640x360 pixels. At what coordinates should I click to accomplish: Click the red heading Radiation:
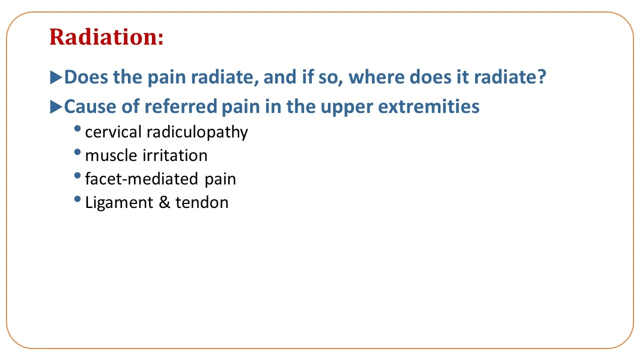[106, 37]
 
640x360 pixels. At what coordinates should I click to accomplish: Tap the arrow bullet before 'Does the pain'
[56, 77]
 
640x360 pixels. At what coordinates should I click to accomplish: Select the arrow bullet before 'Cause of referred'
[56, 107]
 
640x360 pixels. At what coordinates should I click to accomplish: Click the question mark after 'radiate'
[541, 76]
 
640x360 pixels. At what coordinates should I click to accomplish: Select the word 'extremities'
[428, 106]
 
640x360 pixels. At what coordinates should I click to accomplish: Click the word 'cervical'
[113, 132]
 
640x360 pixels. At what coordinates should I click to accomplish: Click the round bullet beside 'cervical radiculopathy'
[77, 128]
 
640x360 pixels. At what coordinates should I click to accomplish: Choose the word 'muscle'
[111, 155]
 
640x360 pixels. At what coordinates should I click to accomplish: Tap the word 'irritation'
[175, 155]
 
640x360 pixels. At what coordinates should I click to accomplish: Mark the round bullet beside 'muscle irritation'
[77, 152]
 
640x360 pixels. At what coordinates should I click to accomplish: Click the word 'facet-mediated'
[141, 179]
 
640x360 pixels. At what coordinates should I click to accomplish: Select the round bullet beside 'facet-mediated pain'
[77, 175]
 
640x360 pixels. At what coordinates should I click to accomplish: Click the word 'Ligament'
[119, 203]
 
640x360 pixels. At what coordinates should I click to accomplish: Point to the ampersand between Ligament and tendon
[164, 202]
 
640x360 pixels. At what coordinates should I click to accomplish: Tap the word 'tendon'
[201, 202]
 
